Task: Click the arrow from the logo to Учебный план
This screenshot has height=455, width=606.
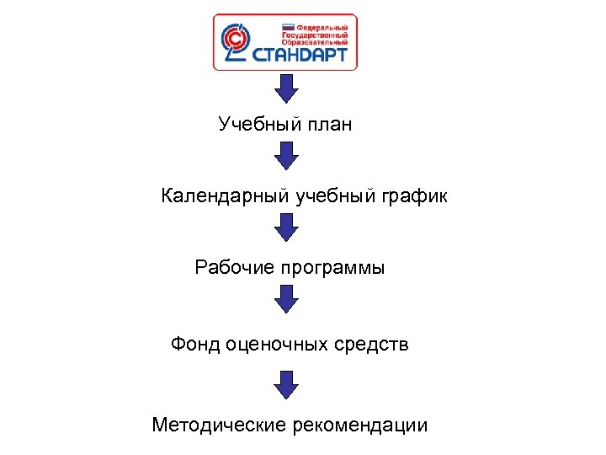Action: click(287, 88)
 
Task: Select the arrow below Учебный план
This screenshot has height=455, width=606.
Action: click(287, 156)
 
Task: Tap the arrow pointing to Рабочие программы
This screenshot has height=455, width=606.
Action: click(287, 227)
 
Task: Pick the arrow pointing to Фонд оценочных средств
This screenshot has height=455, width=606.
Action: click(287, 299)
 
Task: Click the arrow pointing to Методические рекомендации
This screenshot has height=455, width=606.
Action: click(287, 383)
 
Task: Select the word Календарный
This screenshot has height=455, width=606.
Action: click(225, 197)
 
